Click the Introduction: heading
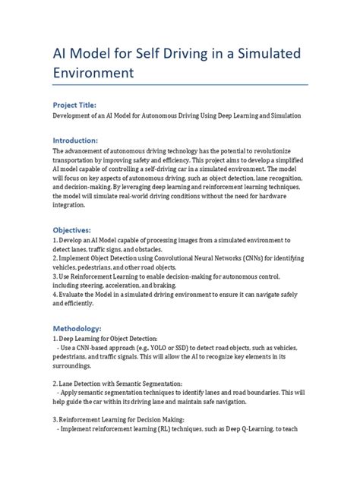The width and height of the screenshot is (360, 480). click(x=74, y=141)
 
